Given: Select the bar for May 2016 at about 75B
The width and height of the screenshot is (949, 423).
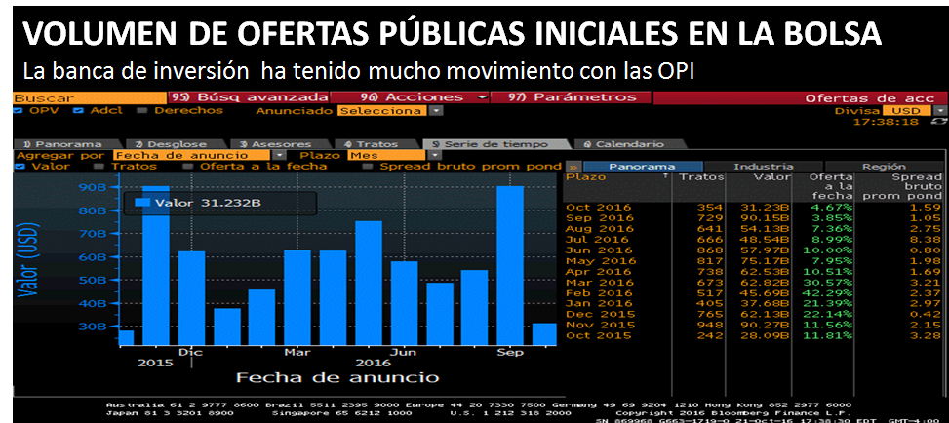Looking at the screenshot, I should (x=368, y=283).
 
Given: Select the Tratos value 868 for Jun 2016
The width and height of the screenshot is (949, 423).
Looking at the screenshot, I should (x=710, y=250).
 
